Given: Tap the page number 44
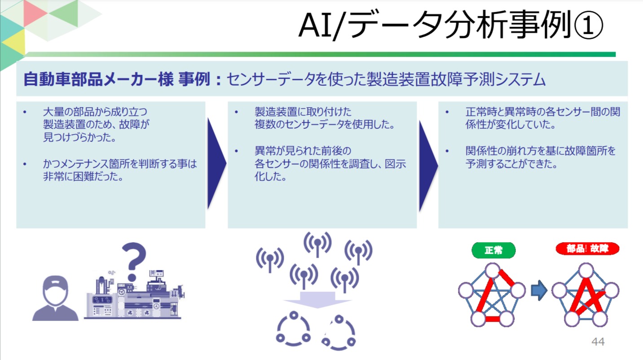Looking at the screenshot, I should [598, 342].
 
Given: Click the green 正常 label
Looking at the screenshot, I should [493, 250].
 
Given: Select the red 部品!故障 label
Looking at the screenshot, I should [587, 249].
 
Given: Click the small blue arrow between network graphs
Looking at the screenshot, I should [538, 291].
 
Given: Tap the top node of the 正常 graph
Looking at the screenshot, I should [493, 271].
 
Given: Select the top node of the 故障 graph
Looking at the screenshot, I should [586, 271].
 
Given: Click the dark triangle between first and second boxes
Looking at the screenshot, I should [216, 164].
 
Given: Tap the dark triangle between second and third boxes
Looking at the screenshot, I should [427, 165].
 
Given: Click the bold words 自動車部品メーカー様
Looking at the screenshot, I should [98, 80].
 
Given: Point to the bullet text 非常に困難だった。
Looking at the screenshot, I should [83, 176].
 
